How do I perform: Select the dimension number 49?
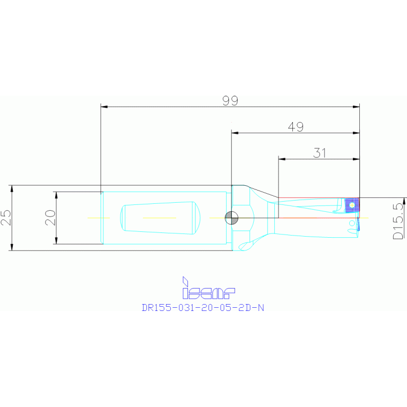click(x=296, y=127)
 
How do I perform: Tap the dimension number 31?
click(x=319, y=153)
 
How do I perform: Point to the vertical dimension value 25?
click(x=5, y=218)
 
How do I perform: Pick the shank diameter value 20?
click(x=50, y=218)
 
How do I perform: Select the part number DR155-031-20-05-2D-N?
click(x=202, y=307)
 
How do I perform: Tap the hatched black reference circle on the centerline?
click(x=231, y=217)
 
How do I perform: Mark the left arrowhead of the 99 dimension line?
click(x=105, y=107)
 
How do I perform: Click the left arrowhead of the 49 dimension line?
click(x=235, y=133)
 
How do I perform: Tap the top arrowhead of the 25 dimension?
click(x=12, y=188)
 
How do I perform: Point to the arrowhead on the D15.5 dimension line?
click(x=404, y=201)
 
